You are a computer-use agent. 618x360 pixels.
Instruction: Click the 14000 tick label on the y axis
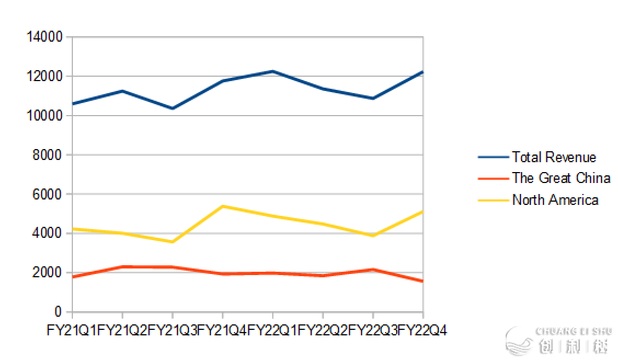[45, 37]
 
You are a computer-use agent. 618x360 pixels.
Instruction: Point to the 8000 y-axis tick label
[48, 155]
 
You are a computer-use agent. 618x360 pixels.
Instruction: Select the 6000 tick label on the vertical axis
[48, 194]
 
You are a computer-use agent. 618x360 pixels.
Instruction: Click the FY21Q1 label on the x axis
[71, 330]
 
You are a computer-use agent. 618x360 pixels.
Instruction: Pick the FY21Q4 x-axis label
[222, 330]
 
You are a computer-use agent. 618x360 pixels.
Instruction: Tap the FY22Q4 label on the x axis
[422, 330]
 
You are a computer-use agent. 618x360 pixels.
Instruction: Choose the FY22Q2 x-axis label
[322, 330]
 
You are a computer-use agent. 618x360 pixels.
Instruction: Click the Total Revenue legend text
[554, 157]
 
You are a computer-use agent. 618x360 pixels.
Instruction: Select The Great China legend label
[561, 178]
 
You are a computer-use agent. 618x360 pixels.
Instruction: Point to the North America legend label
[555, 200]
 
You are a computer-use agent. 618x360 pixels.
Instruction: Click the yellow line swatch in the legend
[493, 200]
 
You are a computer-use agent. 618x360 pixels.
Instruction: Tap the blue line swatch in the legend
[493, 157]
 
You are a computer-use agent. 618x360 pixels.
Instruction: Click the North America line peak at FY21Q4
[222, 206]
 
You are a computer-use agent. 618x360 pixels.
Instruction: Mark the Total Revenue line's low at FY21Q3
[172, 108]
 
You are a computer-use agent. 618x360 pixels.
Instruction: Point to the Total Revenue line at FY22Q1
[272, 71]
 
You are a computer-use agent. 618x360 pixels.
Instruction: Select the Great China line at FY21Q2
[122, 266]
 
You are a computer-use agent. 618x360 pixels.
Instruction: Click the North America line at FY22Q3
[373, 235]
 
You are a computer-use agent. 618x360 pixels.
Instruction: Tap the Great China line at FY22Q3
[373, 269]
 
